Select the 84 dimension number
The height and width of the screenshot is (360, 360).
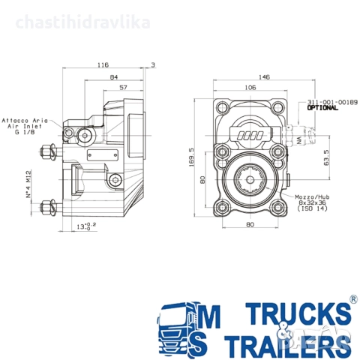point(113,77)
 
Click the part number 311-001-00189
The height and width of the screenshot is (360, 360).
point(332,101)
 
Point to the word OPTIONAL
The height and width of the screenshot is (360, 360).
point(322,108)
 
